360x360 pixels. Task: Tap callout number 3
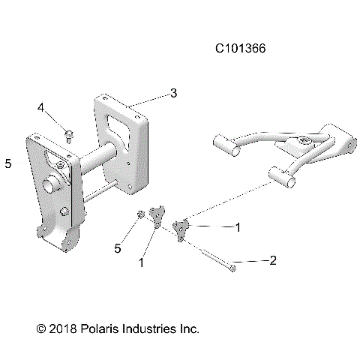coord(173,93)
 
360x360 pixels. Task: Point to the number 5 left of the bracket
coord(7,163)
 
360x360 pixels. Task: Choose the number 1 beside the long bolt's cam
coord(238,226)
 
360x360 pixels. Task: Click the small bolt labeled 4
coord(68,135)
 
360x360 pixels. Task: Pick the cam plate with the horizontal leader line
coord(181,227)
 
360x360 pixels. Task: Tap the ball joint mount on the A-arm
coord(299,142)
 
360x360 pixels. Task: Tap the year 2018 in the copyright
coord(60,328)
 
